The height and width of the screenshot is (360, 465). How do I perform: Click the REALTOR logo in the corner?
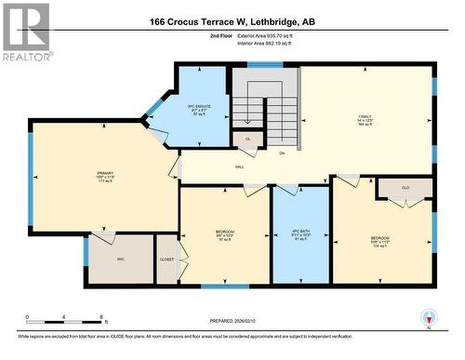click(26, 32)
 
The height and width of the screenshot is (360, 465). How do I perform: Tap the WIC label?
click(121, 259)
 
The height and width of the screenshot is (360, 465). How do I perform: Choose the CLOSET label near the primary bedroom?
click(166, 260)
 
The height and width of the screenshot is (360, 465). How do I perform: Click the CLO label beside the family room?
click(405, 187)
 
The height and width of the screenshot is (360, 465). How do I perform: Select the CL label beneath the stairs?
click(247, 139)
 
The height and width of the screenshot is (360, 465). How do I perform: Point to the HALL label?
click(239, 167)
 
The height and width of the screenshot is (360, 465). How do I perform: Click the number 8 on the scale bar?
click(101, 316)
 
